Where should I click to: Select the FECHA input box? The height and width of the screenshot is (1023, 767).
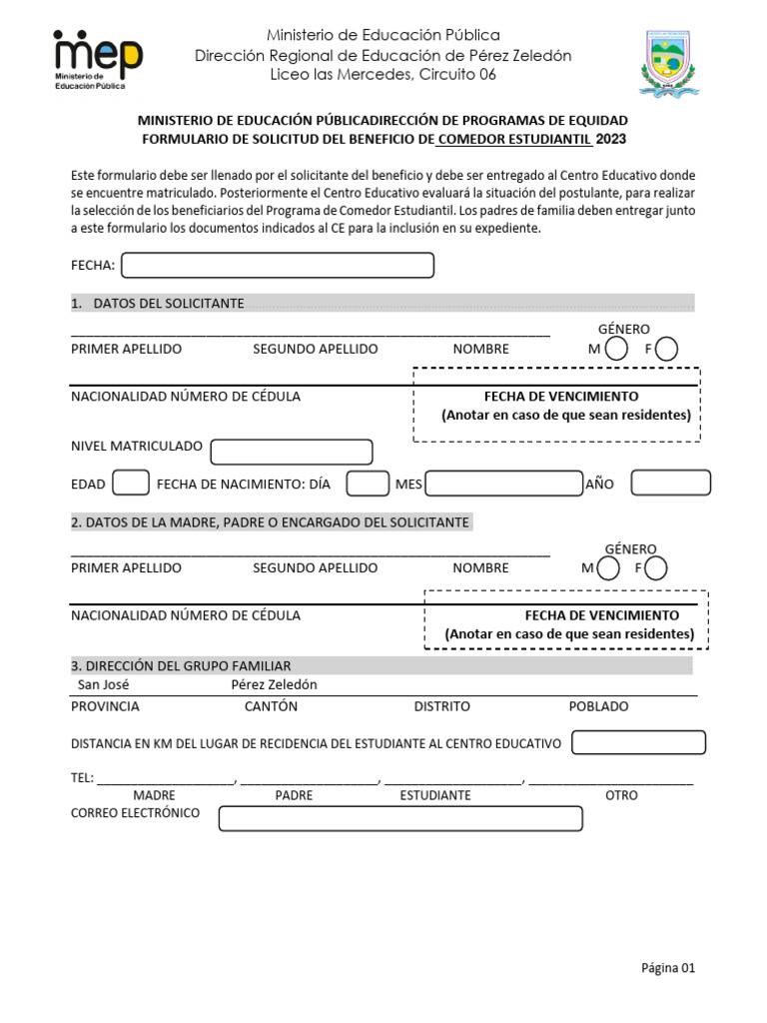tap(277, 265)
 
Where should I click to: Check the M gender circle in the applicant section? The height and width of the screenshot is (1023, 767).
tap(617, 349)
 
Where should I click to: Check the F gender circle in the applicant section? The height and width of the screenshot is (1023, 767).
tap(667, 349)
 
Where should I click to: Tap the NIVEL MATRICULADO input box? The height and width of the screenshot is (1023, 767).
tap(291, 452)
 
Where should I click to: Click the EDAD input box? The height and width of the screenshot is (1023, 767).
tap(131, 484)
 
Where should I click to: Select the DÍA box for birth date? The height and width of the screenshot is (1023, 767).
tap(367, 484)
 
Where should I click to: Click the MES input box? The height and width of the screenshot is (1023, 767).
tap(503, 484)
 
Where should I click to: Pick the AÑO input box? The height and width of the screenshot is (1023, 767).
tap(670, 484)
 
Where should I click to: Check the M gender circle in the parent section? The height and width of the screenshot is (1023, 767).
tap(607, 568)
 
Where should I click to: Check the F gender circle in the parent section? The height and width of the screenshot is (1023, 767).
tap(656, 568)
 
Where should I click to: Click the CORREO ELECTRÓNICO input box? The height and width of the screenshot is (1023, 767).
tap(399, 818)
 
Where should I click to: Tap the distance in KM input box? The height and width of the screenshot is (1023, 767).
tap(638, 742)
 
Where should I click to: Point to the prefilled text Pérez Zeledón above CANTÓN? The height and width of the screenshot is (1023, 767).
tap(274, 685)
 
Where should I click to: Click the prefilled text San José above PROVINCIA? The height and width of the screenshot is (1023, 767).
tap(103, 685)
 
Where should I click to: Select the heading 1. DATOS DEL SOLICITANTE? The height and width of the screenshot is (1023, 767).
tap(158, 303)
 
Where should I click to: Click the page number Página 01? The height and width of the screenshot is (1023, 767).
tap(667, 967)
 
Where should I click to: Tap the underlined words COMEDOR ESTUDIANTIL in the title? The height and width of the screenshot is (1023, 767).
tap(514, 139)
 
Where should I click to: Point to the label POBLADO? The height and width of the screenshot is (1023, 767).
tap(598, 706)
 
